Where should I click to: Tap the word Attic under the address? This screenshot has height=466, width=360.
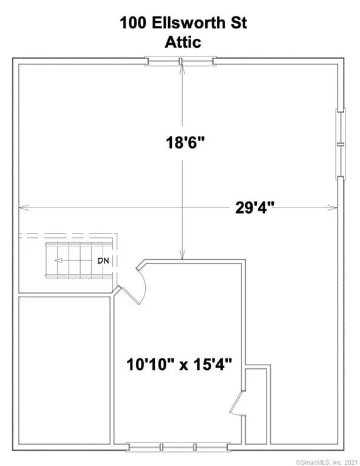pos(183,42)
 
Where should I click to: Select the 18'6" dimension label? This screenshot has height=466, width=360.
pos(185,143)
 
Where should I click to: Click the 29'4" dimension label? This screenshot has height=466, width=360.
pos(254,208)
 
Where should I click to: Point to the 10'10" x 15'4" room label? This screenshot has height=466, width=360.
pos(179,364)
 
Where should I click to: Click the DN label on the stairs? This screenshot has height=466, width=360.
pos(103,261)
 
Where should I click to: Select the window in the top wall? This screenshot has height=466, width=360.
pos(180,61)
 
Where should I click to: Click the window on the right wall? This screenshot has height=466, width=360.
pos(341,144)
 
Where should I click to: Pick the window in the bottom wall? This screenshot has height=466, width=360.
pos(178,447)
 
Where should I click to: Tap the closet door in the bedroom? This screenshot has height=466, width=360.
pos(237,403)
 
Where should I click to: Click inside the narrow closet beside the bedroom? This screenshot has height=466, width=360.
pos(256,407)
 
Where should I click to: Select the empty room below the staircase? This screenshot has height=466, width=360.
pos(64,370)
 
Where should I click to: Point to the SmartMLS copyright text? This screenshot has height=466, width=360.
pos(327,462)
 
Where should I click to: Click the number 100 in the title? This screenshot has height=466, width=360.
pos(133,23)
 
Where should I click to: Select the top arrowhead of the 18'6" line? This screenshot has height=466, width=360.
pos(182,70)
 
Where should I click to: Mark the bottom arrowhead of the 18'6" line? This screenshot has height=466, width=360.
pos(182,255)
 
